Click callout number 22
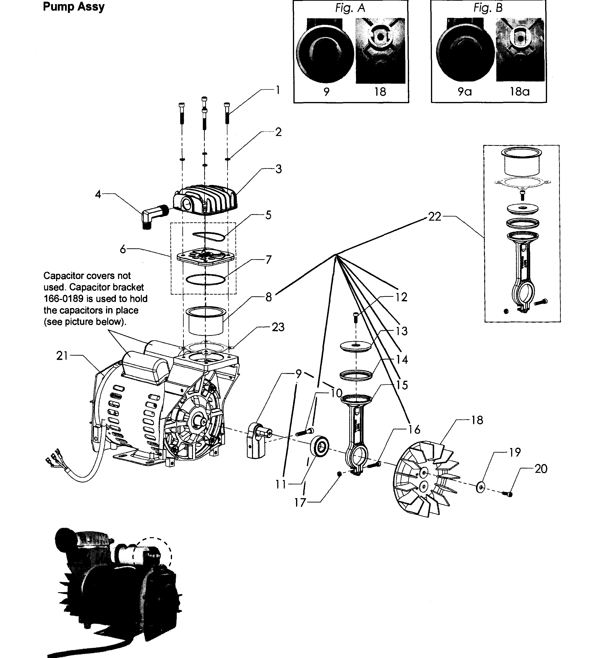434,217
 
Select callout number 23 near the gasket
278,327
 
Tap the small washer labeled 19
481,487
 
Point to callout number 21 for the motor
62,356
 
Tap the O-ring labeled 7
206,279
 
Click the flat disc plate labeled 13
356,346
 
